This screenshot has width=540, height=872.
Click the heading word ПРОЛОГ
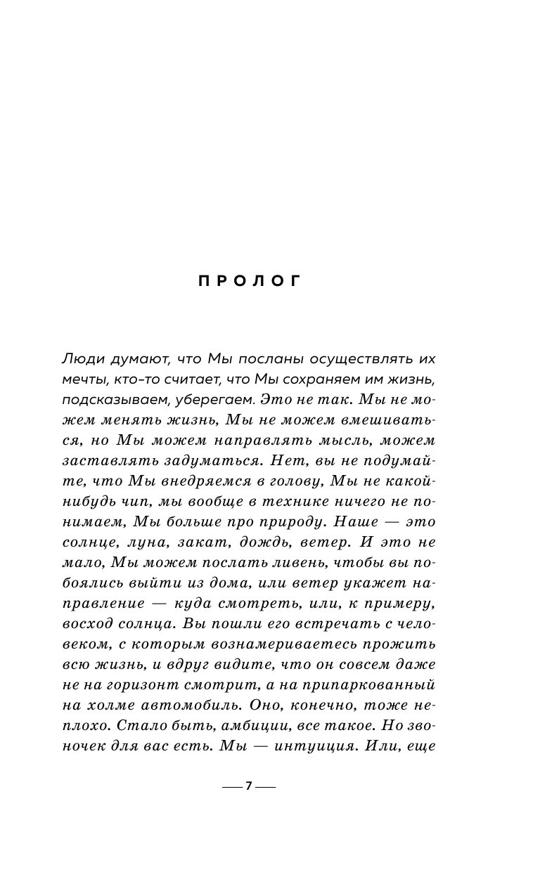coord(250,281)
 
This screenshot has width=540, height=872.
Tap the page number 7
coord(249,786)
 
